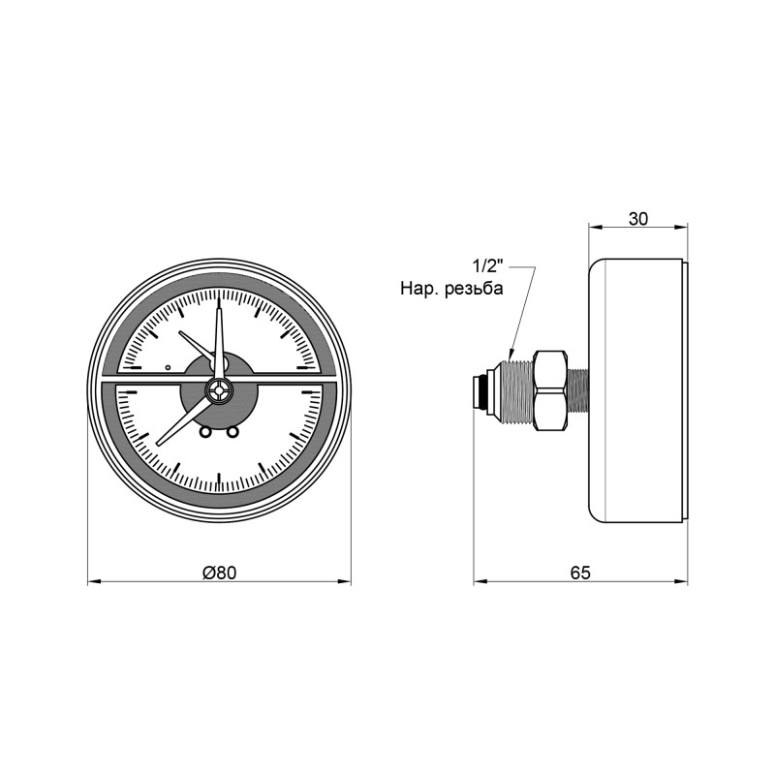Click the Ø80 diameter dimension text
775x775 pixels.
click(220, 573)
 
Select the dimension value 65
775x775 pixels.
click(580, 573)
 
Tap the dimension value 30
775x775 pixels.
click(638, 218)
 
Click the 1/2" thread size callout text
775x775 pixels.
click(489, 265)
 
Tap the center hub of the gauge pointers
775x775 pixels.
click(220, 392)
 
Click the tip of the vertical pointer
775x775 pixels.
click(219, 301)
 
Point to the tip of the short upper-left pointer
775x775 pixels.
click(181, 332)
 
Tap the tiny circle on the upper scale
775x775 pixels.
click(168, 367)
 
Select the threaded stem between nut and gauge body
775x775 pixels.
click(578, 391)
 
